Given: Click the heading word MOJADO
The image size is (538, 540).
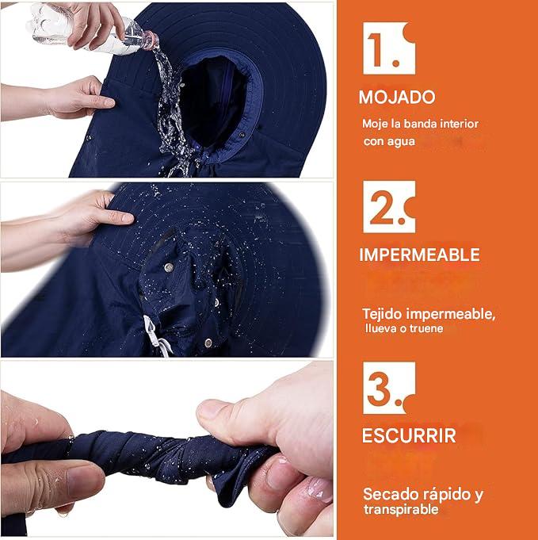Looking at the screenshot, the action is click(x=397, y=97).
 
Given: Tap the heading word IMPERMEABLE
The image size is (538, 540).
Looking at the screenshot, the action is click(x=419, y=255).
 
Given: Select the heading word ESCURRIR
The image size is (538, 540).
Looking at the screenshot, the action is click(x=409, y=435).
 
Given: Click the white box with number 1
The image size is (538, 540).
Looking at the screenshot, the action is click(x=389, y=48).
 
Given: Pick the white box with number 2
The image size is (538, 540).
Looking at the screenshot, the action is click(x=389, y=207).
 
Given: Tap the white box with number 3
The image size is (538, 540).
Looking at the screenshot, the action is click(x=389, y=388).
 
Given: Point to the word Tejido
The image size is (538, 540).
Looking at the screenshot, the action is click(x=382, y=315).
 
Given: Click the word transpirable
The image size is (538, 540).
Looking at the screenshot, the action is click(x=402, y=509).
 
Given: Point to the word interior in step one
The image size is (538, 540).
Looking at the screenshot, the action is click(x=460, y=124).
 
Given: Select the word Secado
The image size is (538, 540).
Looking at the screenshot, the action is click(x=391, y=495).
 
